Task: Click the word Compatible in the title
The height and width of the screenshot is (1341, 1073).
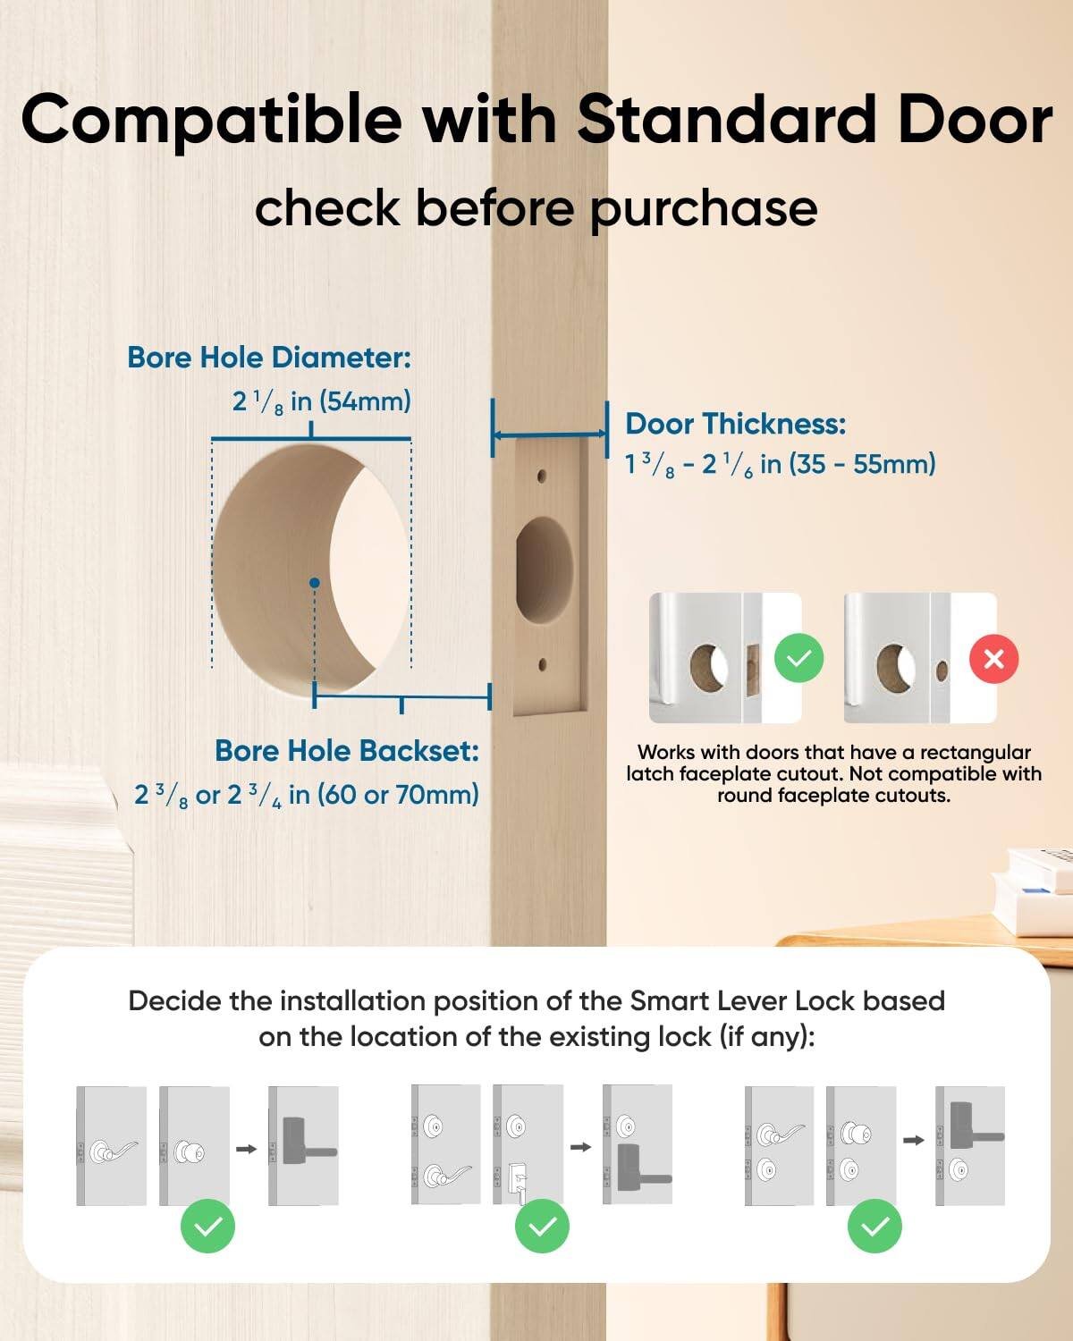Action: [211, 120]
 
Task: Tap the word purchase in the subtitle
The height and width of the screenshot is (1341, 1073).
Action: [704, 209]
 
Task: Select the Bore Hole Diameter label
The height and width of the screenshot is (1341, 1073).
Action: [269, 358]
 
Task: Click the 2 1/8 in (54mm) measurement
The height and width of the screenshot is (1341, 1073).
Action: [322, 401]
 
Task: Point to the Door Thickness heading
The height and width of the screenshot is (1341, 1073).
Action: [735, 424]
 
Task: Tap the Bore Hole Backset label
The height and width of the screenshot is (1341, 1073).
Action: [347, 751]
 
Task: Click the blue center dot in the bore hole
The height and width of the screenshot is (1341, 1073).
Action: [314, 583]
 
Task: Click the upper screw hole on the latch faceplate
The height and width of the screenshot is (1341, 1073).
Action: [542, 477]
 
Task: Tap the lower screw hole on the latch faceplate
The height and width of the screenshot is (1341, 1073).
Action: [542, 664]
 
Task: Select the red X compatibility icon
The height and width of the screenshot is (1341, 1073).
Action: [993, 660]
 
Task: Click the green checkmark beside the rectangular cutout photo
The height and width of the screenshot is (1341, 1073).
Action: [798, 659]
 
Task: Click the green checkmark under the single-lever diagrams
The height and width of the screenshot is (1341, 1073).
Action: [207, 1227]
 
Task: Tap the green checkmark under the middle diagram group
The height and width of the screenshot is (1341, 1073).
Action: [542, 1227]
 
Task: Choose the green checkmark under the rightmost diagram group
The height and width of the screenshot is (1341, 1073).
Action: [874, 1227]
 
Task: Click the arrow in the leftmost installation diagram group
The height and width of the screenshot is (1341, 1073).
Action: [246, 1149]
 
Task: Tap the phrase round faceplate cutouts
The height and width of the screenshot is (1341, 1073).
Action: [833, 796]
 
